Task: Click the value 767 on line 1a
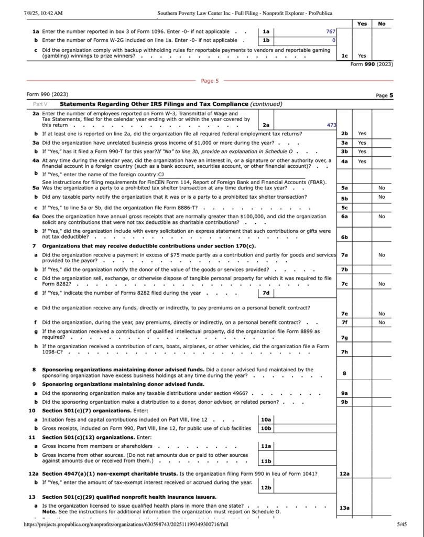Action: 330,31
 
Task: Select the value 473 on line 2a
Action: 331,125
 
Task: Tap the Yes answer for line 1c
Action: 362,56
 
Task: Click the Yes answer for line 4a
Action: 362,162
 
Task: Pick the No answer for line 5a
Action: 382,188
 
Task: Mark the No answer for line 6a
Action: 382,216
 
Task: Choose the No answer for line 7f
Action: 382,323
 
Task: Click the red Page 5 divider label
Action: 210,81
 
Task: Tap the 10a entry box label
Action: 266,420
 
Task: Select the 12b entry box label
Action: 266,488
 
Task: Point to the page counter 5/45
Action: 401,524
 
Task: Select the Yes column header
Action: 362,24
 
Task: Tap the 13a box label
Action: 344,508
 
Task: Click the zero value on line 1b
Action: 333,40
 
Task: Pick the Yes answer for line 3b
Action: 362,152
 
